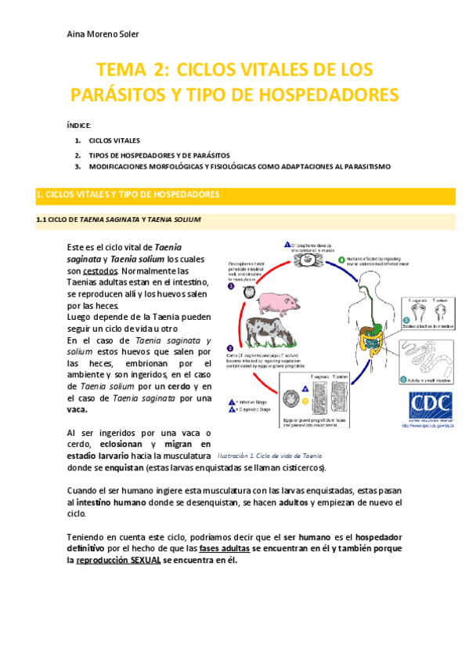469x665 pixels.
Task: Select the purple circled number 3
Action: point(231,287)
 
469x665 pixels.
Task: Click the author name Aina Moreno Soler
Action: point(103,35)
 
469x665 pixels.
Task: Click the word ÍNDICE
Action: point(79,125)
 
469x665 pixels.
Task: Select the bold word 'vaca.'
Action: point(77,409)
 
